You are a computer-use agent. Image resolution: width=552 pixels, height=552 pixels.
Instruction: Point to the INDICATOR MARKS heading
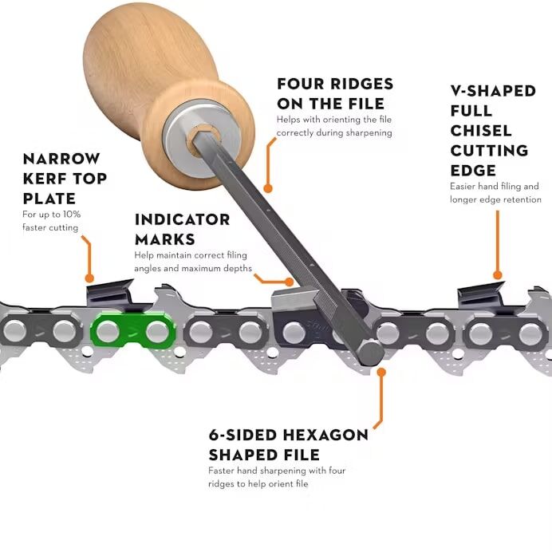[182, 229]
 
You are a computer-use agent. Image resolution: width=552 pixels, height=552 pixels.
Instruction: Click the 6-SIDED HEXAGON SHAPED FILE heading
[288, 445]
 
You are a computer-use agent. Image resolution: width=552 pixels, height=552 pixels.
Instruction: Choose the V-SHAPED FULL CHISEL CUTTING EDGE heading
[493, 130]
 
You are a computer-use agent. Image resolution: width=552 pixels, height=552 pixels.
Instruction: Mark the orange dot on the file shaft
[268, 189]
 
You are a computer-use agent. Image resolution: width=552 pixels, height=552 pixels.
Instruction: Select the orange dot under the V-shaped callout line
[498, 275]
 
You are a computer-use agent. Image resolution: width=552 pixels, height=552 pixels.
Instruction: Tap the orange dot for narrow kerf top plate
[89, 279]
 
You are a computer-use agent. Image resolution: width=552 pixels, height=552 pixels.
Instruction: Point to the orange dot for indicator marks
[290, 282]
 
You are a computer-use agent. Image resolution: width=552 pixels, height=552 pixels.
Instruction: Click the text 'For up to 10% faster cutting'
[51, 221]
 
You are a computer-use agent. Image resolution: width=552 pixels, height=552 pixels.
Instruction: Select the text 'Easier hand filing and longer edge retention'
[495, 192]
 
